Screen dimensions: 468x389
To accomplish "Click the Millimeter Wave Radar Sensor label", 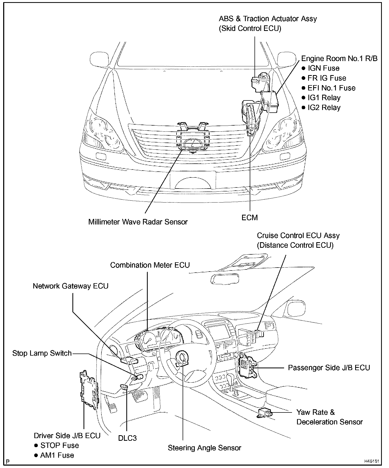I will coord(138,222).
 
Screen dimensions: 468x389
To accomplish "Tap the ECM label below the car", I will coord(249,218).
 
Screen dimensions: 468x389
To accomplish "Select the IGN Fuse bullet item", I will coord(323,68).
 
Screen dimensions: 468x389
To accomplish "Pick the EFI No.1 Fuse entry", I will coord(331,88).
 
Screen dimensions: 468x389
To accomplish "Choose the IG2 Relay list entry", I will coord(324,108).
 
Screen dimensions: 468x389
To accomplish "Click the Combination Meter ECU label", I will coord(150,265).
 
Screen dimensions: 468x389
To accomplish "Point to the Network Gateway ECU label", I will coord(71,286).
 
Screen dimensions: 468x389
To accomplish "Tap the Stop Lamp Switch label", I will coord(42,353).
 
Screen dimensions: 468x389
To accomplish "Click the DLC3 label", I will coord(127,438).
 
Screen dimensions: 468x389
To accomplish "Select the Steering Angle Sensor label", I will coord(205,448).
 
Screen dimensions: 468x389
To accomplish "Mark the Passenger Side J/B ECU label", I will coord(329,368).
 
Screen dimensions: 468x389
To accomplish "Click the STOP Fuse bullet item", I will coord(59,445).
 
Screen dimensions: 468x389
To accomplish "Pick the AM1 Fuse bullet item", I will coord(57,455).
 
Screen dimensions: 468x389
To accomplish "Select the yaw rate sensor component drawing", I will coord(265,412).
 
